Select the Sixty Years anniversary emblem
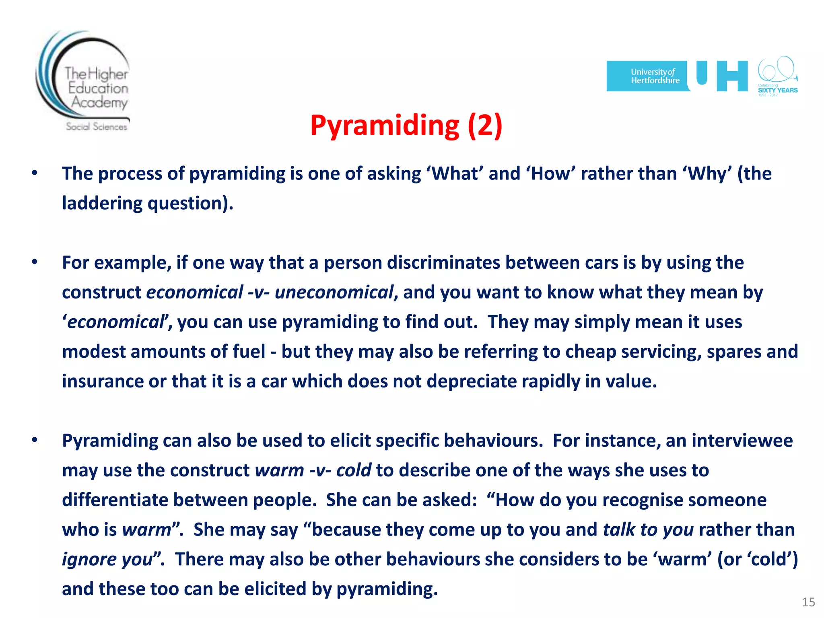pyautogui.click(x=777, y=76)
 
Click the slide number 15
pyautogui.click(x=808, y=602)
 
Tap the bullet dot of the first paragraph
pyautogui.click(x=35, y=173)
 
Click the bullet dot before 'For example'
pyautogui.click(x=35, y=262)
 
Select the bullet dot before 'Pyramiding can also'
pyautogui.click(x=35, y=440)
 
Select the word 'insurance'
pyautogui.click(x=103, y=381)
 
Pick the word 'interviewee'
pyautogui.click(x=742, y=441)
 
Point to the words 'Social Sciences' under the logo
pyautogui.click(x=97, y=127)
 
